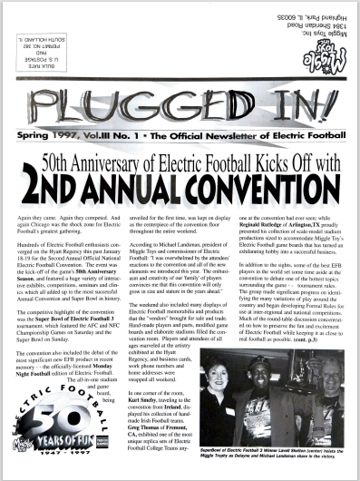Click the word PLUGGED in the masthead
[136, 94]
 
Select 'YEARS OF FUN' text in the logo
[73, 449]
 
